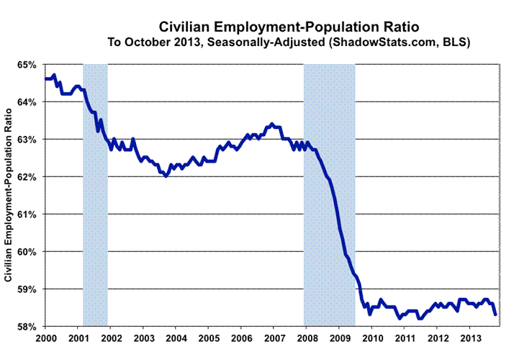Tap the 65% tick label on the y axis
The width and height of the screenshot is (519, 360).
click(x=27, y=65)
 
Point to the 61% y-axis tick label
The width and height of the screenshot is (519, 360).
click(x=27, y=214)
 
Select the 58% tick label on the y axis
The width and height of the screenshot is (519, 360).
click(x=27, y=326)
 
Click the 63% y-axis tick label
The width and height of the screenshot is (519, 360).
click(x=27, y=139)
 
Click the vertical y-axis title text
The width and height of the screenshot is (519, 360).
click(x=9, y=195)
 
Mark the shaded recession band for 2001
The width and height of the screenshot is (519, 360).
click(x=95, y=194)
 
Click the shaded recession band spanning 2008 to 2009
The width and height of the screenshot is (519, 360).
click(x=329, y=194)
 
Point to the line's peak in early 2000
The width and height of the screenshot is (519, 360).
click(x=55, y=75)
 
